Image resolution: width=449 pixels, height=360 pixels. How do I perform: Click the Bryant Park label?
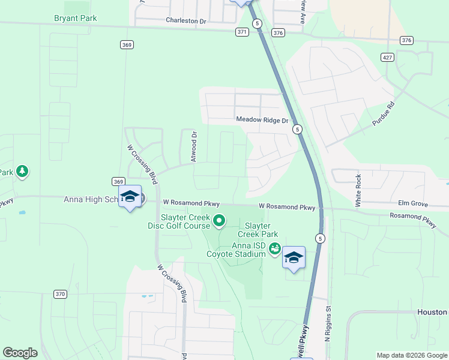(75, 18)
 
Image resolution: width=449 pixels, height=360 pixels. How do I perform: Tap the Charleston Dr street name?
(185, 20)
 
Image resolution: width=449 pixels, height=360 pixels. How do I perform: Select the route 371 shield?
(242, 32)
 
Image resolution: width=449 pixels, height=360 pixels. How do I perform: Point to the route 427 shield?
(387, 56)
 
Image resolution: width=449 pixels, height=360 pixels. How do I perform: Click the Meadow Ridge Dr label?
(262, 120)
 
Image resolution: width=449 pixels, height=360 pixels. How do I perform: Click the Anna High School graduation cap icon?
(130, 197)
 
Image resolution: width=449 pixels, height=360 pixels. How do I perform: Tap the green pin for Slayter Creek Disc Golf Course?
(219, 221)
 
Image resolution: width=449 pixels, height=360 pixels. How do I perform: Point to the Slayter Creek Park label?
(258, 229)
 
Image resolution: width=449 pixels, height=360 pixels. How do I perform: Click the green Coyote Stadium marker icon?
(274, 247)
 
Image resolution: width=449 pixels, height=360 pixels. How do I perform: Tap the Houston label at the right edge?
(433, 312)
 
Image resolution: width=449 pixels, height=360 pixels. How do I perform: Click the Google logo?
(20, 353)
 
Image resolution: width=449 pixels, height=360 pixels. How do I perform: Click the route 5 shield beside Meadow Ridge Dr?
(298, 129)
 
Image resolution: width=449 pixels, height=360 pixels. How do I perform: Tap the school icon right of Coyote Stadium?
(294, 257)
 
